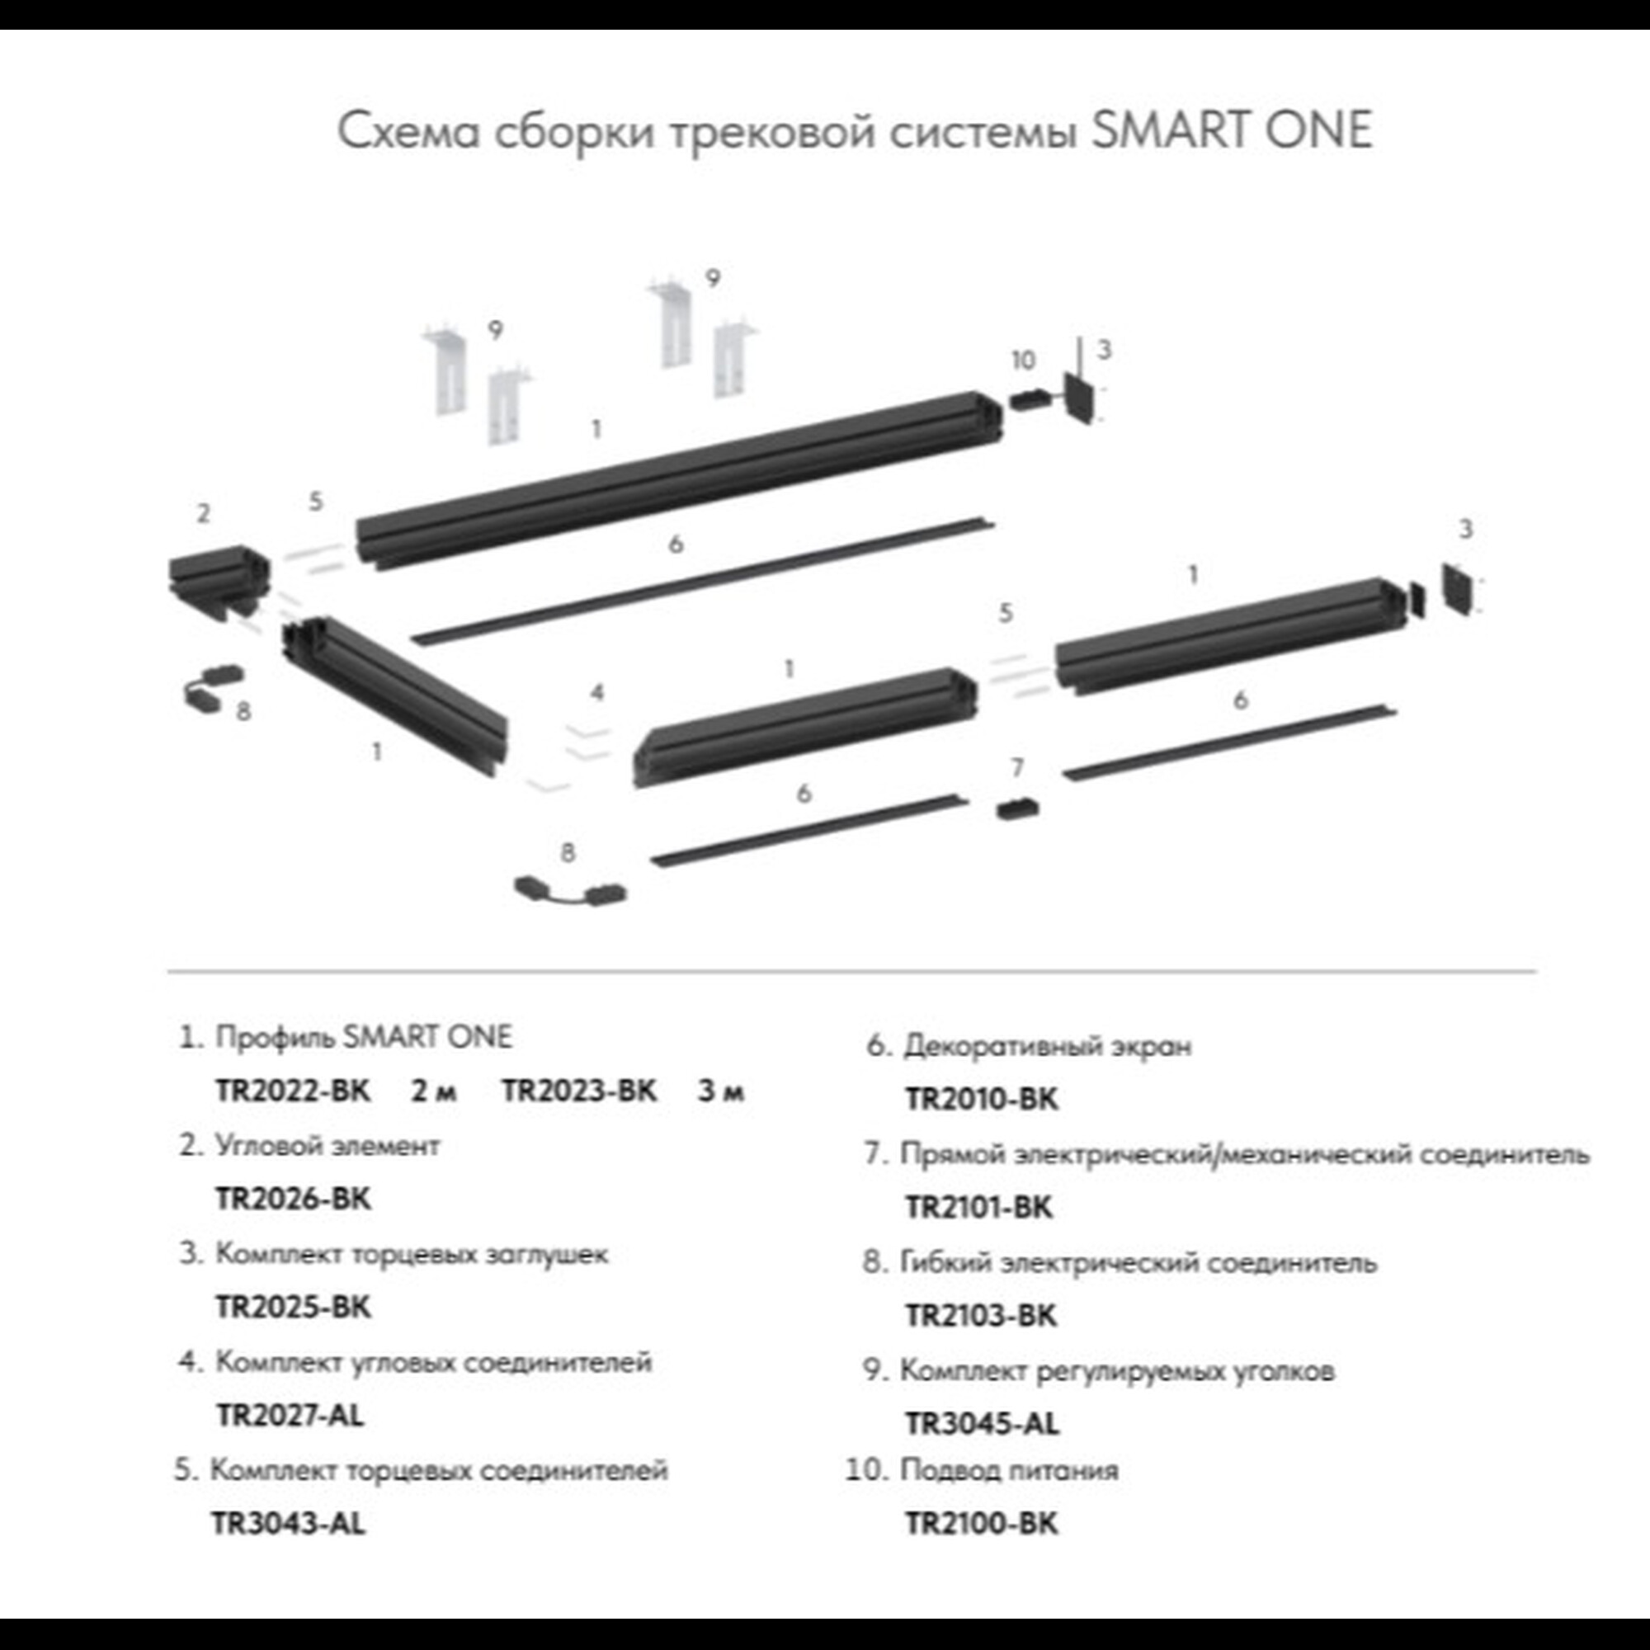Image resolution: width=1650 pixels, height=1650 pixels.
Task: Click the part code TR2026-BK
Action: tap(293, 1199)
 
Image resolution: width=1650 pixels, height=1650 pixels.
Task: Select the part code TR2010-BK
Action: tap(981, 1099)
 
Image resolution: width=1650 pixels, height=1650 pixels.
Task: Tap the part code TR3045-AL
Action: tap(981, 1424)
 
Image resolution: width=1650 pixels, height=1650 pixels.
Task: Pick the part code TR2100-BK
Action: tap(981, 1524)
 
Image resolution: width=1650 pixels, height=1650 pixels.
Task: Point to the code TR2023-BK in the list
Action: tap(579, 1091)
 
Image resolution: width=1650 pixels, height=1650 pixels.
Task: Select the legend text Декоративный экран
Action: tap(1047, 1045)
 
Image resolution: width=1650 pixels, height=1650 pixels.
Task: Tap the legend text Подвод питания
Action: tap(1009, 1470)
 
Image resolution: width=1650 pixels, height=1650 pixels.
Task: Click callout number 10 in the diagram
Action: tap(1023, 361)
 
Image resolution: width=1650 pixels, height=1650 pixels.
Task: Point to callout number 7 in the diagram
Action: tap(1016, 768)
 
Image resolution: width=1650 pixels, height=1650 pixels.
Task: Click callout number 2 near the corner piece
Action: tap(203, 513)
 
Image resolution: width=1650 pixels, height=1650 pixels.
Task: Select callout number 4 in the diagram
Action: tap(597, 692)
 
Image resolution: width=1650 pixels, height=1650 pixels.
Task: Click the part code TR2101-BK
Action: tap(978, 1208)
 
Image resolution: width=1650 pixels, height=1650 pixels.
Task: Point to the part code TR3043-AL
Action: tap(288, 1524)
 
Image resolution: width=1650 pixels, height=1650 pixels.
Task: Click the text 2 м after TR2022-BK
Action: tap(434, 1091)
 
